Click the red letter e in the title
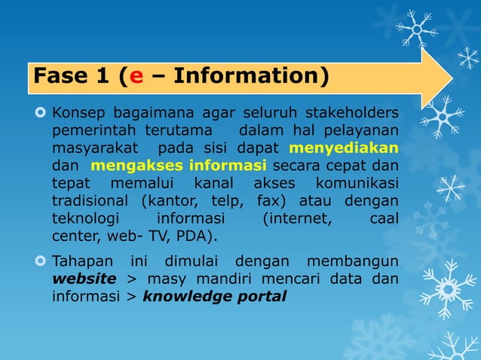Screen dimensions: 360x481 tap(136, 77)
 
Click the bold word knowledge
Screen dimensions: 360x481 tap(189, 296)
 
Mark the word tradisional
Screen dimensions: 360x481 tap(91, 201)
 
